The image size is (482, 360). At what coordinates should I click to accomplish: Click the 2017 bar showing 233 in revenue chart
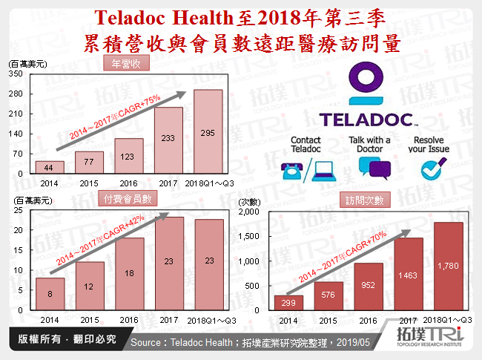point(168,140)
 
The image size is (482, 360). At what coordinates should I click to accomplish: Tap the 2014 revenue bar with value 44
point(49,167)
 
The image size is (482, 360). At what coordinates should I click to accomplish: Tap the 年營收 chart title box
point(125,65)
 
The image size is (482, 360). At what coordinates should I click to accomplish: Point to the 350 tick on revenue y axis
point(16,74)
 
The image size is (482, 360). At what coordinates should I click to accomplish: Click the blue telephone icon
point(291,169)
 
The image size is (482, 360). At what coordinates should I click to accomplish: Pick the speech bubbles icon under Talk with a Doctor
point(369,169)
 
